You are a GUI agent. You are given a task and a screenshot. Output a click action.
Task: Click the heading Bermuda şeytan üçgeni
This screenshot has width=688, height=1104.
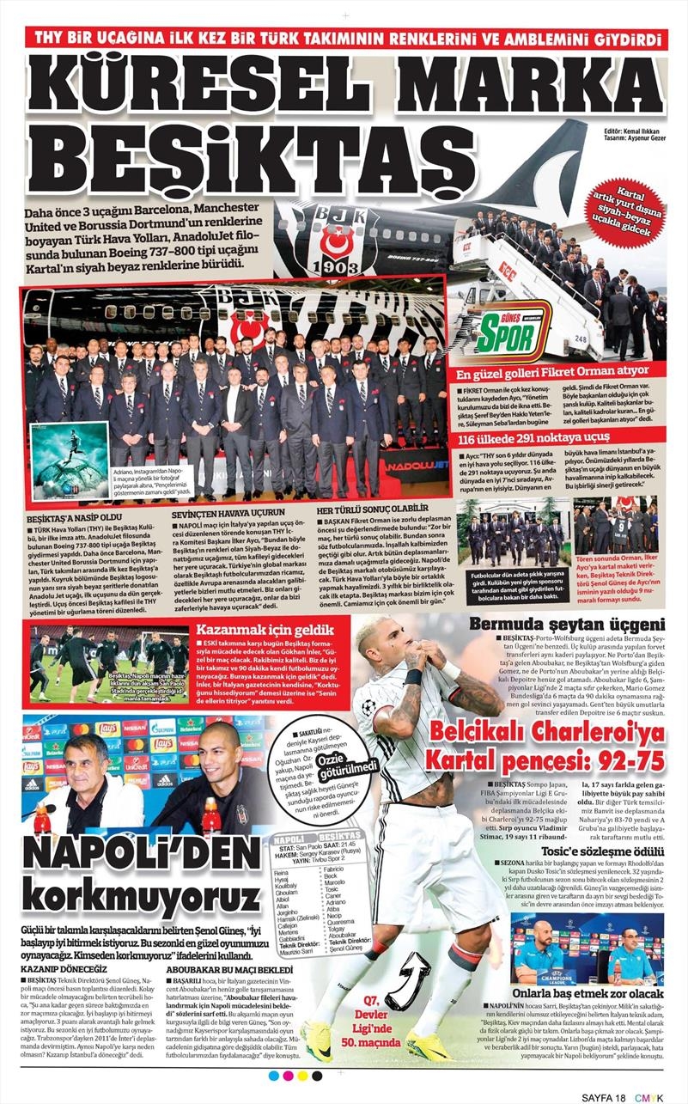point(566,625)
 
